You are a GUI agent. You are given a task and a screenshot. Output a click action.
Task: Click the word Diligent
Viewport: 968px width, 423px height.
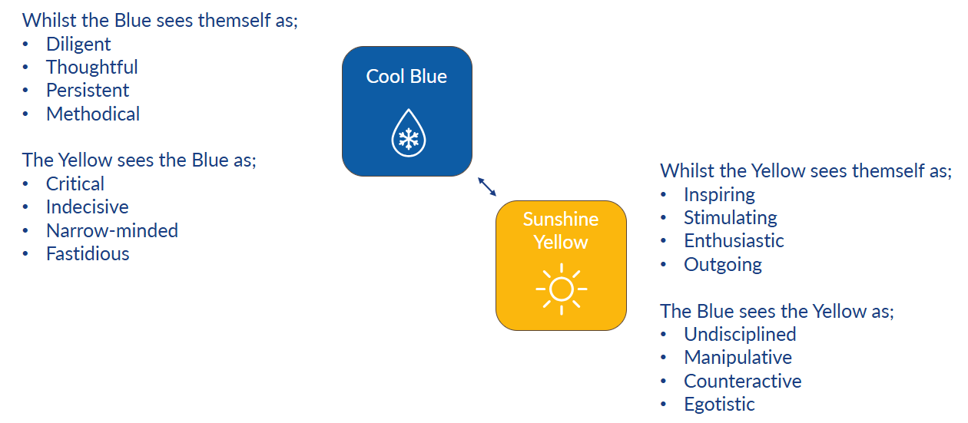tap(78, 45)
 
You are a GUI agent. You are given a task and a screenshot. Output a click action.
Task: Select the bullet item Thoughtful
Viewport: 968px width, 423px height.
tap(91, 68)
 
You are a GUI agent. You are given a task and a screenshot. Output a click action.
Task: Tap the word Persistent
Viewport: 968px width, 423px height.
tap(88, 91)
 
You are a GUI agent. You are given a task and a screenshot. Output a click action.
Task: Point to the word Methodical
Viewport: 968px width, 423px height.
tap(93, 114)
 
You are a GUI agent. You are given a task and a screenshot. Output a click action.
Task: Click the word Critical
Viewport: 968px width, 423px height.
tap(75, 184)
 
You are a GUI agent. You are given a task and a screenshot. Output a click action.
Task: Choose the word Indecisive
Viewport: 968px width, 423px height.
tap(87, 207)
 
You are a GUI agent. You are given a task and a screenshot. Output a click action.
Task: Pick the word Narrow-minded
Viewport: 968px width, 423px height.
tap(111, 230)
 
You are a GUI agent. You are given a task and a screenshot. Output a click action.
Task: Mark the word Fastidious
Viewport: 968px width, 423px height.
tap(88, 254)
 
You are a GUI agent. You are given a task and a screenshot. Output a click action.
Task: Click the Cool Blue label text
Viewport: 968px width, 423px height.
tap(406, 77)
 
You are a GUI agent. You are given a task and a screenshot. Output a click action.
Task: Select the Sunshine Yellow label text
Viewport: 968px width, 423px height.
tap(561, 230)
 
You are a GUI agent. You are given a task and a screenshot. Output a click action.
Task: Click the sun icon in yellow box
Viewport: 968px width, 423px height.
tap(561, 289)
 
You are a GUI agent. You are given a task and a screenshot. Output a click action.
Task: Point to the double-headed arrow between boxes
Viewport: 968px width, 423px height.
tap(487, 187)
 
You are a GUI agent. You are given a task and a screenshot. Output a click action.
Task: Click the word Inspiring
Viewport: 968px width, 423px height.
tap(719, 194)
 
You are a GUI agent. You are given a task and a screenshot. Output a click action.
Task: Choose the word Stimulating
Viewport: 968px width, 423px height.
tap(731, 218)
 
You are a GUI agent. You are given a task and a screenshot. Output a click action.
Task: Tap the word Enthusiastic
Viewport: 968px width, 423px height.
tap(734, 241)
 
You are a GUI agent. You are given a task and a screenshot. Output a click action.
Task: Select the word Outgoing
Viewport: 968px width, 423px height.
tap(723, 265)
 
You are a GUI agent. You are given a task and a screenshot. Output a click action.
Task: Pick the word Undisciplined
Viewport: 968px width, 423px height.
tap(740, 335)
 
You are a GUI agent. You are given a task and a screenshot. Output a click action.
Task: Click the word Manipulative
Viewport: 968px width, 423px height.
tap(738, 358)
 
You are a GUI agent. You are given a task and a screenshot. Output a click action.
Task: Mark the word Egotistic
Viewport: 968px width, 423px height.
tap(719, 405)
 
